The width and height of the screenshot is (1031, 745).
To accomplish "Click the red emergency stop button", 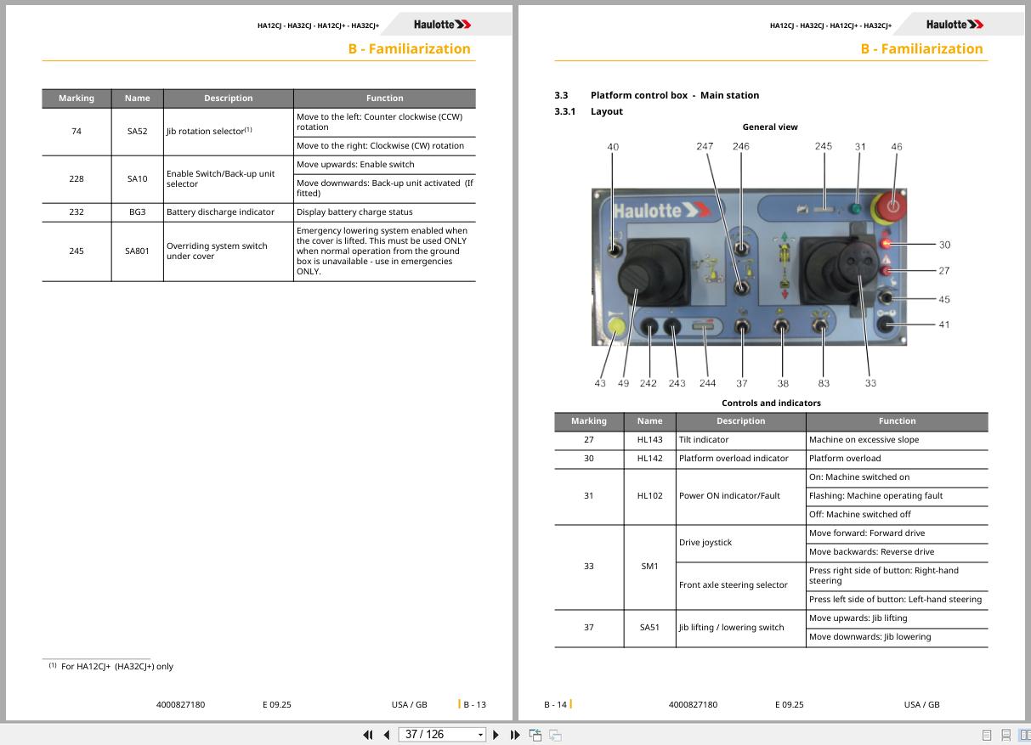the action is coord(892,206).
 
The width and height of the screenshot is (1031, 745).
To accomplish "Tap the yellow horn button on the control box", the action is coord(616,326).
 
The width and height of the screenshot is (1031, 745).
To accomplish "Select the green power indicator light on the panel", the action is coord(856,209).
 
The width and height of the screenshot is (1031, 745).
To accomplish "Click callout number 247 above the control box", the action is coord(705,146).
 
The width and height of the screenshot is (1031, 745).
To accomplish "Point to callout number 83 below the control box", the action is coord(824,383).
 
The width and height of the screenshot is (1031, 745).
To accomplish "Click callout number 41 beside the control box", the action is coord(944,325).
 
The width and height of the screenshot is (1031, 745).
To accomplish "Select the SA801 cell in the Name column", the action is coord(137,251).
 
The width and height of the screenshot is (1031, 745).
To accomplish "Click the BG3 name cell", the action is coord(137,212).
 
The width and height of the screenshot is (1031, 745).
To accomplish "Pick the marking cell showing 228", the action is coord(76,179).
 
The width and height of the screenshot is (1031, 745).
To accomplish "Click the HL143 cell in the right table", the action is coord(649,440).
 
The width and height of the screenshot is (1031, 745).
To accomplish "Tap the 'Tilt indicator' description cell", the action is coord(740,440).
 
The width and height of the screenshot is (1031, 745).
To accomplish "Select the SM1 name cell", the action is coord(649,566).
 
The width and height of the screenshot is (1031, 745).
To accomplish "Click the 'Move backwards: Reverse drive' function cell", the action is coord(897,552).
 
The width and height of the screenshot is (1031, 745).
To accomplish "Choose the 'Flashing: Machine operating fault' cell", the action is coord(897,496).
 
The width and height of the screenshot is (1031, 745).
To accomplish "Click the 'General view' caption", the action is coord(770,127).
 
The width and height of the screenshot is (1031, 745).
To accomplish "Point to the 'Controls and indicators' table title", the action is coord(771,403).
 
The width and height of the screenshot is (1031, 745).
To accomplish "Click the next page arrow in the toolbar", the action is coord(496,735).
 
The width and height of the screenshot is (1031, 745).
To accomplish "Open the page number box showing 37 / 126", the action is coord(441,735).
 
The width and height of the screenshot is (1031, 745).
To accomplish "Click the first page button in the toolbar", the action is coord(368,735).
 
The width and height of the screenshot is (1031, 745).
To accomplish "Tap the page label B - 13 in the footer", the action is coord(474,704).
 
